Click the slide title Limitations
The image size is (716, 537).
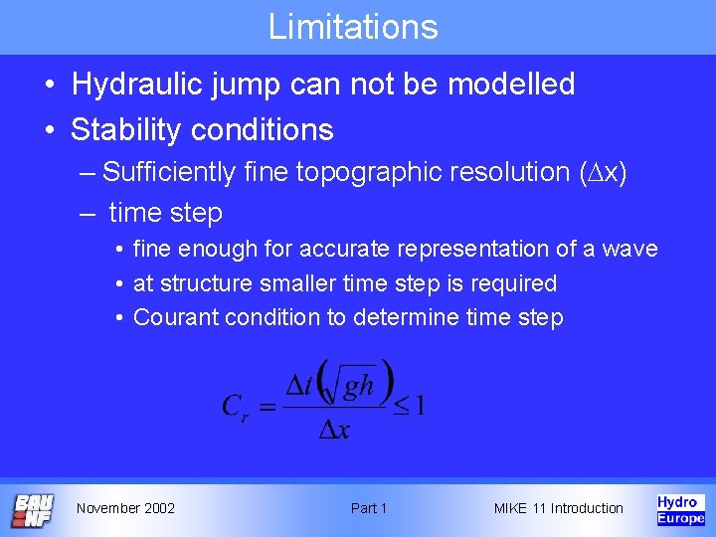coord(353,27)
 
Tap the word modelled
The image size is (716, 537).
coord(511,85)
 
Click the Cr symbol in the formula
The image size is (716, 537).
coord(235,407)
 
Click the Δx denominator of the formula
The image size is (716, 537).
coord(332,430)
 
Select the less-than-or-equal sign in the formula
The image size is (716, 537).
coord(401,407)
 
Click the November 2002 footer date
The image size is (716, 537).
coord(125,508)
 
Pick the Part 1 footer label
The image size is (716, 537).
coord(369,508)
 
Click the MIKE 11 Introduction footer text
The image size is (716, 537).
coord(558,508)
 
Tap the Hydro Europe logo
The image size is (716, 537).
coord(680,510)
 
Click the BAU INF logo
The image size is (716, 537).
coord(33,510)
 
